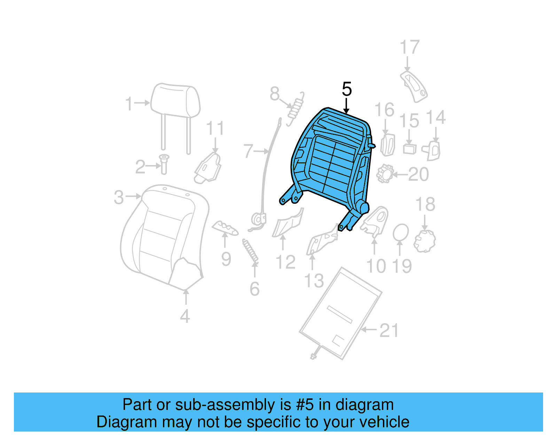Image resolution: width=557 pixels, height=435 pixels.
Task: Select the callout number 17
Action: click(x=409, y=47)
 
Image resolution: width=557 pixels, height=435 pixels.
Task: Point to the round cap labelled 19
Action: click(x=401, y=233)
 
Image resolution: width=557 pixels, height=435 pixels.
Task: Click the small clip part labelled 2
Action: click(x=164, y=164)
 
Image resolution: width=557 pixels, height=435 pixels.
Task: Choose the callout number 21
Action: click(x=389, y=330)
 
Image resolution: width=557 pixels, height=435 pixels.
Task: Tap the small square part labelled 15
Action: click(x=410, y=149)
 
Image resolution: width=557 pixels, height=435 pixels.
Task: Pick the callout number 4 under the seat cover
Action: click(x=185, y=316)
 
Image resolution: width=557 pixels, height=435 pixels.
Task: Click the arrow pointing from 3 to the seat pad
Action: click(x=134, y=196)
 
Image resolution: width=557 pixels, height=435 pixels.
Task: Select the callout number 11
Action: click(x=215, y=128)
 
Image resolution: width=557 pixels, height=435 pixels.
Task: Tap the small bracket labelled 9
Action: click(x=225, y=228)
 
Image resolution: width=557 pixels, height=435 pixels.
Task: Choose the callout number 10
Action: click(x=376, y=266)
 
